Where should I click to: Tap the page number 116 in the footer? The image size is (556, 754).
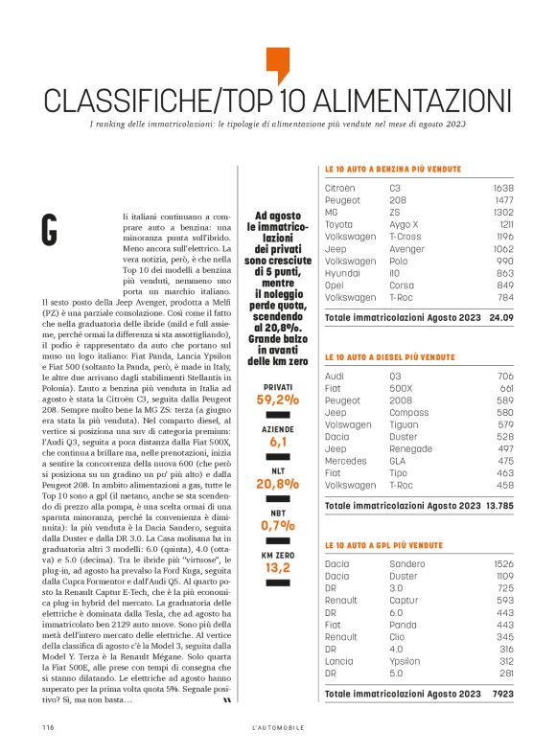47,728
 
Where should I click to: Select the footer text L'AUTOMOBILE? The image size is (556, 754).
278,728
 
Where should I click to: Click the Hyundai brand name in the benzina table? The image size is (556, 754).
342,272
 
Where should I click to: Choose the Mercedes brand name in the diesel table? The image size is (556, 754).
345,460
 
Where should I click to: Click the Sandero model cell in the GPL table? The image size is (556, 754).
408,563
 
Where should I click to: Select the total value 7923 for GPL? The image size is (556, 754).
503,692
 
